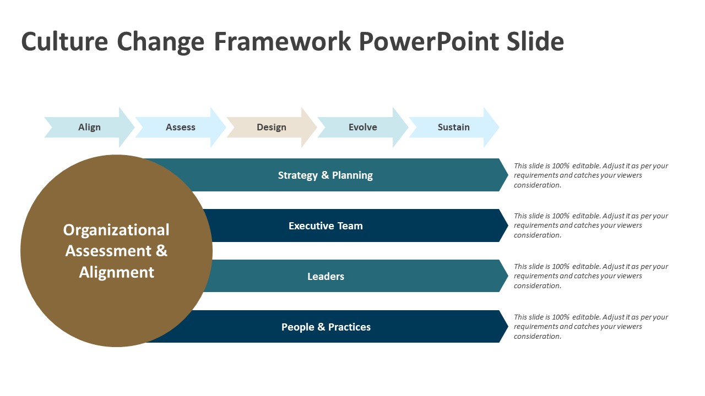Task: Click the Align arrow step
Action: tap(89, 127)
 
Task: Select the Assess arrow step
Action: tap(181, 127)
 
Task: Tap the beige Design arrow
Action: tap(272, 127)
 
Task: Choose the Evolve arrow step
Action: tap(362, 127)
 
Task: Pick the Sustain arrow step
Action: tap(453, 127)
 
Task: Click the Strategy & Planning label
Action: tap(325, 175)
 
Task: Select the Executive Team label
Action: tap(326, 226)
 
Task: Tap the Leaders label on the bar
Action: tap(326, 277)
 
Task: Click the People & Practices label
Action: tap(326, 327)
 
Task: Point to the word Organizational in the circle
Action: tap(116, 230)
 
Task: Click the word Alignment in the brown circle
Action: tap(116, 272)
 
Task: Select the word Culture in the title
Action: tap(64, 42)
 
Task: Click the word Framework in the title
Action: tap(282, 42)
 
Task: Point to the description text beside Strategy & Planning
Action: tap(590, 175)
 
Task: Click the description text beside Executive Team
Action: tap(590, 226)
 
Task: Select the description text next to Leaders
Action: tap(590, 276)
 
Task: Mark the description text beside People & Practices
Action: tap(590, 327)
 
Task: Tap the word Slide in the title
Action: tap(535, 42)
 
